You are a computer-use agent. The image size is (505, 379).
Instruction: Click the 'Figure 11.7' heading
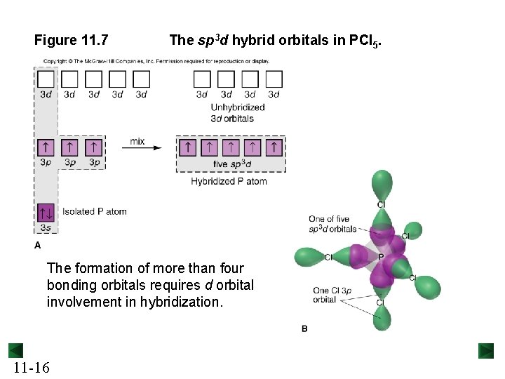coord(71,40)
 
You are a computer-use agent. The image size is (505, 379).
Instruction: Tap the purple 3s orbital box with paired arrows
coord(46,211)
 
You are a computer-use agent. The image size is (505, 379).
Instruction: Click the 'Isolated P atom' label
coord(95,211)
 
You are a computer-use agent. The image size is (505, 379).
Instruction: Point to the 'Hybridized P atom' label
coord(229,181)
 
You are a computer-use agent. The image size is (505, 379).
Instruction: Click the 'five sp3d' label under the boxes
coord(231,164)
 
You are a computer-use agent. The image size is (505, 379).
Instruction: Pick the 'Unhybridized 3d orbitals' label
coord(238,113)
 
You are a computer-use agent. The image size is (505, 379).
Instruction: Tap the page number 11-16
coord(30,367)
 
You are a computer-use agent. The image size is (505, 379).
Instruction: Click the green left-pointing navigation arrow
coord(16,350)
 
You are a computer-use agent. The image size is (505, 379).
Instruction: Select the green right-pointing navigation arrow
coord(487,350)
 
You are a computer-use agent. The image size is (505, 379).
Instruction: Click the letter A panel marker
coord(38,245)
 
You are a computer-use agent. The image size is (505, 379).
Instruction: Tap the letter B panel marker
coord(304,328)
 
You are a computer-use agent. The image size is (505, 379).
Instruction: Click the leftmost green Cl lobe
coord(309,257)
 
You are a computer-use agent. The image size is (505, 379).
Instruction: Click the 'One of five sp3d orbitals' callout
coord(332,224)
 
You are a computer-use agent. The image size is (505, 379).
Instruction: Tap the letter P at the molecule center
coord(381,257)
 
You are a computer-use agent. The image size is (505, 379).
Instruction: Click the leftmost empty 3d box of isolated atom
coord(46,79)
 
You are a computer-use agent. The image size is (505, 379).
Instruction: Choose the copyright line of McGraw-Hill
coord(161,60)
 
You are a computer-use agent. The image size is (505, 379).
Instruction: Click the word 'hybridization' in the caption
coord(186,302)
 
